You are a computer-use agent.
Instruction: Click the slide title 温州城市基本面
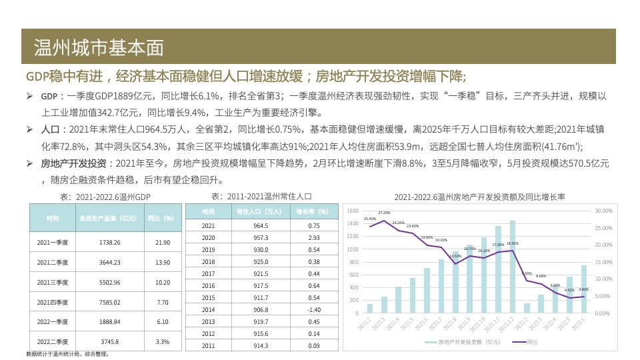click(99, 47)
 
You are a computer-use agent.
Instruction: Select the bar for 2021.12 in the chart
click(513, 267)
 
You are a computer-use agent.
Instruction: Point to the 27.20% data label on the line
click(384, 213)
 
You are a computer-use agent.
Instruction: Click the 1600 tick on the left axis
click(353, 211)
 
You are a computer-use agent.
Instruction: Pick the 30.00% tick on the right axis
click(603, 211)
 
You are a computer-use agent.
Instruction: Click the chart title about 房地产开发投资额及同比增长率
click(479, 197)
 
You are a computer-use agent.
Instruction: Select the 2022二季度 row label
click(53, 341)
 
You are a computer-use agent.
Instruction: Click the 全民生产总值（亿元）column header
click(109, 218)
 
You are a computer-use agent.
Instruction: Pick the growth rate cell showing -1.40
click(314, 309)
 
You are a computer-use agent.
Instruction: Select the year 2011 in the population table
click(208, 345)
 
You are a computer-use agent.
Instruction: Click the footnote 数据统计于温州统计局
click(67, 354)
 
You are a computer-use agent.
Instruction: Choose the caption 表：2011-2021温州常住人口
click(261, 196)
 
